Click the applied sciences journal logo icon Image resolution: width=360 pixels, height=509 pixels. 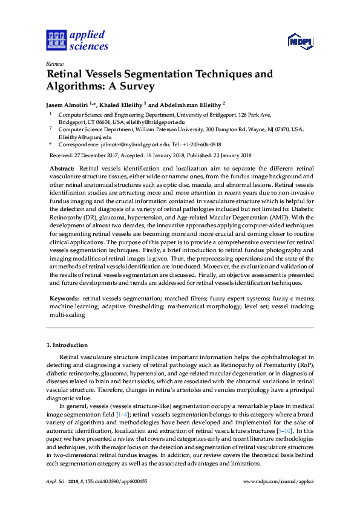(x=55, y=41)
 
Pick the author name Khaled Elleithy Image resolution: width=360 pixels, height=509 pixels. (x=123, y=103)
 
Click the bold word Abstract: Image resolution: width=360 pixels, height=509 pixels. (x=62, y=168)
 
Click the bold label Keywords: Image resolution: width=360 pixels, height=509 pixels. (x=64, y=299)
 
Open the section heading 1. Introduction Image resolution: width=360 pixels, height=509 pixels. (x=67, y=345)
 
